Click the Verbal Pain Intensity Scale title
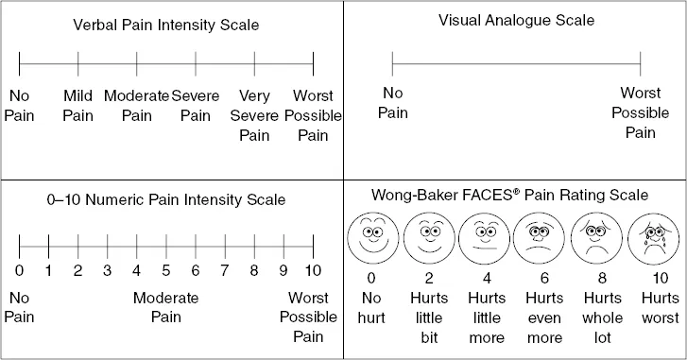point(165,25)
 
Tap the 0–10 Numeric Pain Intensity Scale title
point(165,200)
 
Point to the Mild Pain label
point(77,105)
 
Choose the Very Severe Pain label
point(254,115)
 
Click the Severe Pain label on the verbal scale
point(196,105)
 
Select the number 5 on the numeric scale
point(166,271)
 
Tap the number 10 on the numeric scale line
point(313,271)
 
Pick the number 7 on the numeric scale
point(225,271)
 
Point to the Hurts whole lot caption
point(595,317)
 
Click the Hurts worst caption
point(651,307)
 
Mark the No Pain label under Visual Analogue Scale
point(392,103)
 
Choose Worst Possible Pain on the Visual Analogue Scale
point(640,112)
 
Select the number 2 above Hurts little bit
point(429,279)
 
